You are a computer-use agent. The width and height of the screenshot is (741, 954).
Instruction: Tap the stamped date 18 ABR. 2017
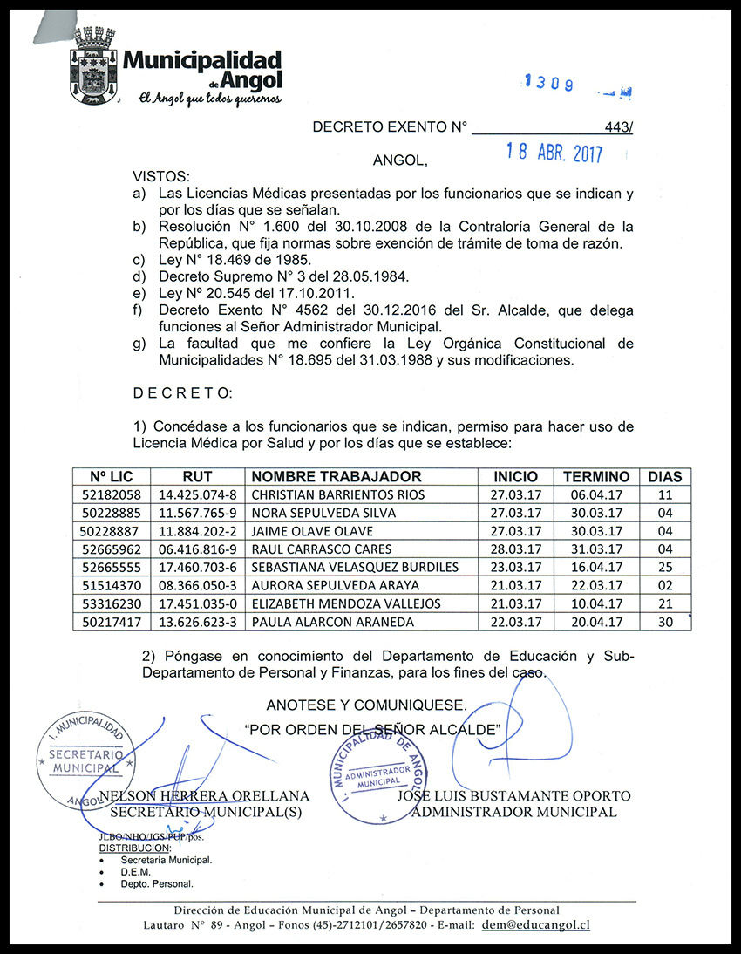pyautogui.click(x=554, y=153)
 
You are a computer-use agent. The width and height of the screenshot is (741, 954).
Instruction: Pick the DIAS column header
pyautogui.click(x=664, y=477)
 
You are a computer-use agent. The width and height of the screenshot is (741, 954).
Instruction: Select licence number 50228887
pyautogui.click(x=110, y=531)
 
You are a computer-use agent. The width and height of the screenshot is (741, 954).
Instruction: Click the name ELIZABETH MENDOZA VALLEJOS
pyautogui.click(x=345, y=603)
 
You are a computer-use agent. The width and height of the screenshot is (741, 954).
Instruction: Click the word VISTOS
pyautogui.click(x=160, y=176)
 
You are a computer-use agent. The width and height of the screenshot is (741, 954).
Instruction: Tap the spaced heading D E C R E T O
pyautogui.click(x=182, y=393)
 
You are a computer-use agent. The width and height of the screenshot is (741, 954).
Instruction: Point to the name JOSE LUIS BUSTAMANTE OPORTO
pyautogui.click(x=513, y=796)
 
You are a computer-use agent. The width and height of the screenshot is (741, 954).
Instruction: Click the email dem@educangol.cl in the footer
pyautogui.click(x=535, y=924)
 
